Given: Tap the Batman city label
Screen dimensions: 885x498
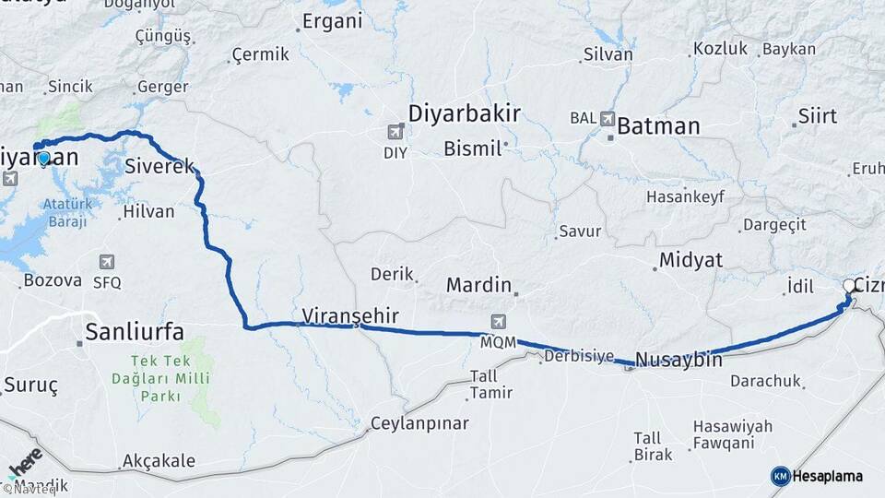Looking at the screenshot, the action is pos(658,125).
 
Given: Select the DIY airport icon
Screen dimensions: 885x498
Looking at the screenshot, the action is pos(396,133).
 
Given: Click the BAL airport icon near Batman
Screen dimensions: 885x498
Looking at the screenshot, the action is pos(608,118).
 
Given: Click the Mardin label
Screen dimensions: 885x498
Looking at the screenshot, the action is pos(478,284).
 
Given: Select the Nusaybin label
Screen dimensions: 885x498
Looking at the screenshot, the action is pos(678,359).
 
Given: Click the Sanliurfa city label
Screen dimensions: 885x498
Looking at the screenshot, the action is pos(134,332).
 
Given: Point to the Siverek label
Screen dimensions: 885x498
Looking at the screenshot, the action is pos(159,167).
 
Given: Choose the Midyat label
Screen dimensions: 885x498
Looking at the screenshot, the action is pos(690,259).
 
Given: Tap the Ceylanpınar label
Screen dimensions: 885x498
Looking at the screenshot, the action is pos(419,424).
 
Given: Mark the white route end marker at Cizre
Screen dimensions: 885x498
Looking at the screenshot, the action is pos(849,286).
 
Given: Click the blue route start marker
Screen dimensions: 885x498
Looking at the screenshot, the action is pos(43,158).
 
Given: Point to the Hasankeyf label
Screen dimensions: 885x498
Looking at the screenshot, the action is pos(685,196).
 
